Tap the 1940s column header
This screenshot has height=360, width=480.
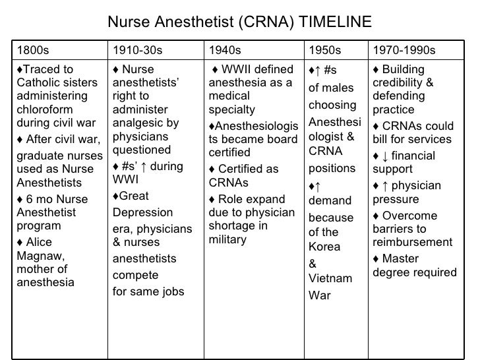[x=225, y=50]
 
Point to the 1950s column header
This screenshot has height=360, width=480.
[x=325, y=50]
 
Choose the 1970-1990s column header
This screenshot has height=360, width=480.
[x=404, y=50]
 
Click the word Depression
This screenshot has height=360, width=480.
[x=143, y=212]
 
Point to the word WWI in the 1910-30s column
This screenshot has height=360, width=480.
[x=125, y=179]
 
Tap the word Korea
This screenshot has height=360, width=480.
[x=324, y=247]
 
